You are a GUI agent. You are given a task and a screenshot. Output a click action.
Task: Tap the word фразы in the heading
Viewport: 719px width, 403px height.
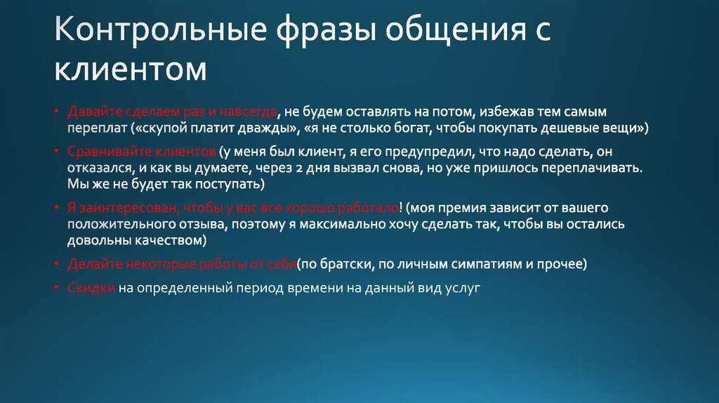326,31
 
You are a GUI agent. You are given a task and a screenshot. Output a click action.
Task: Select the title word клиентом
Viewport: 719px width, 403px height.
130,70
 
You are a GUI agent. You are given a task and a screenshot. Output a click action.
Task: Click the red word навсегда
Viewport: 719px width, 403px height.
248,112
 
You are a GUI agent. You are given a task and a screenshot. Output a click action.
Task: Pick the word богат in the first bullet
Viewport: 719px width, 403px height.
413,128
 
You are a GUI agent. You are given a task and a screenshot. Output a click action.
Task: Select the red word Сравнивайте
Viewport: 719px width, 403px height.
109,152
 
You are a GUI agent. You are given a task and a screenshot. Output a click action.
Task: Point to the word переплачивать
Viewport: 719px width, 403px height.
592,169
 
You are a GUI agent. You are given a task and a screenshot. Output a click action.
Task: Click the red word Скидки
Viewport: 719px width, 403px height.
91,288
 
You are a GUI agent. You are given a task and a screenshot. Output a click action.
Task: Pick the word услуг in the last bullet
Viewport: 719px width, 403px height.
463,289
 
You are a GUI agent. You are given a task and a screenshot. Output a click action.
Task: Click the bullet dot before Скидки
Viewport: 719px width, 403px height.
57,287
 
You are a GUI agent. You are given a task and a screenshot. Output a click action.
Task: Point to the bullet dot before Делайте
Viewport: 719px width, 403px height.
57,263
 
